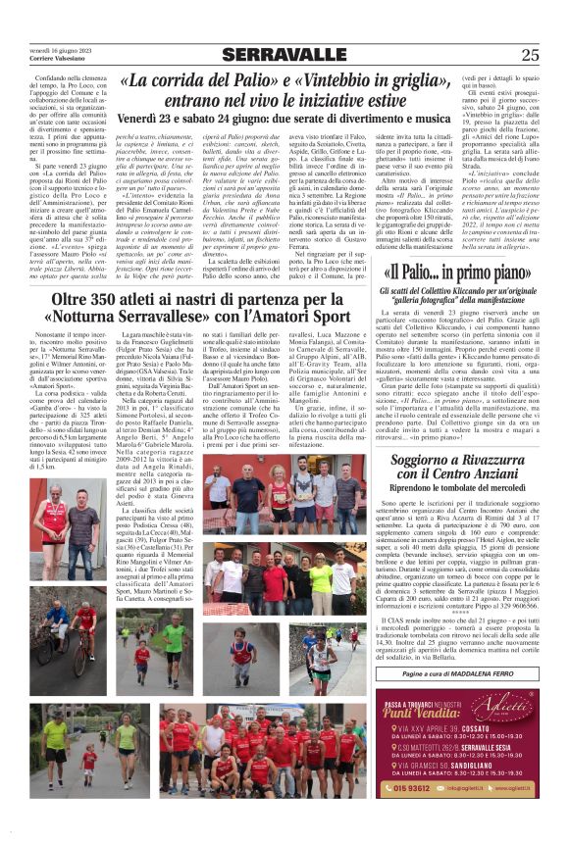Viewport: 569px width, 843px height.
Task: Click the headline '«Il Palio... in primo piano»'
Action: [x=447, y=272]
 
